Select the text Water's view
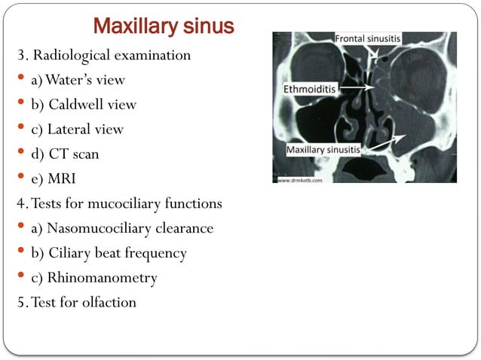click(88, 80)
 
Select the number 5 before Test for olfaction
click(20, 303)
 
